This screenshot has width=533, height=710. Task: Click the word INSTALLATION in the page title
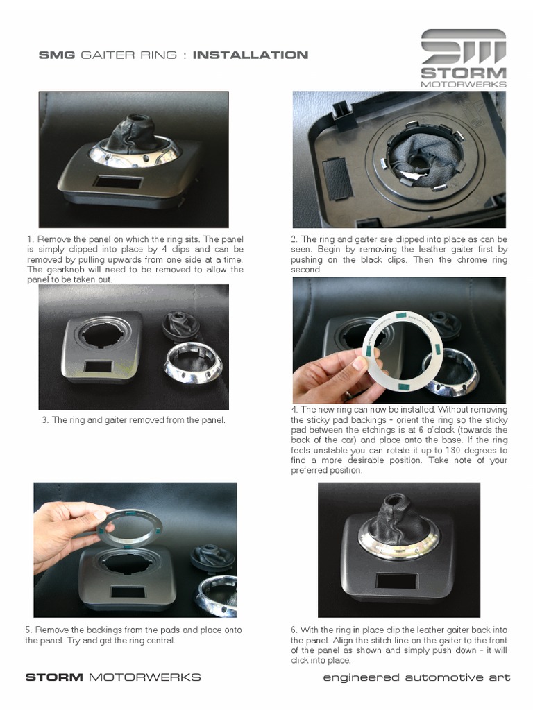tap(251, 55)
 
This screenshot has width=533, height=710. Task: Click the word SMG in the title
tap(57, 55)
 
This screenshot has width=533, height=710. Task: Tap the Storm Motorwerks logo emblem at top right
tap(463, 46)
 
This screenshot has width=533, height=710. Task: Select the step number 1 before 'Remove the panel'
tap(29, 239)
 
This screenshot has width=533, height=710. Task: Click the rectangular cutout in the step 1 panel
tap(118, 182)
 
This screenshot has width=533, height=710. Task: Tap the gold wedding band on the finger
tap(347, 395)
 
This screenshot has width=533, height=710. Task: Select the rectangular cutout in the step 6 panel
tap(396, 581)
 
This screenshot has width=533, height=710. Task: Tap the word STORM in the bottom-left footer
tap(54, 677)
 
